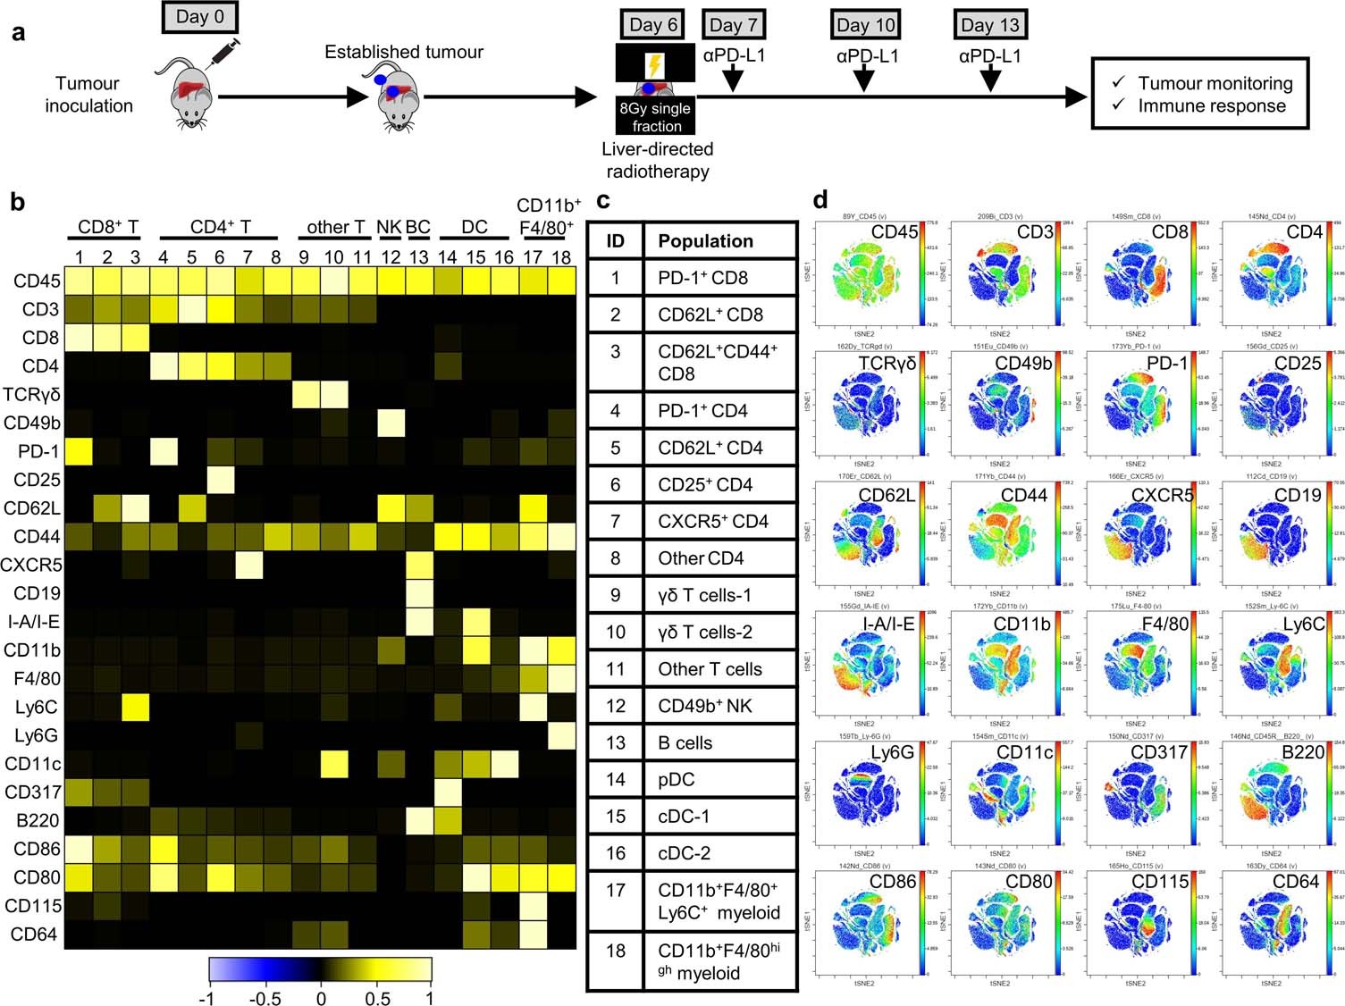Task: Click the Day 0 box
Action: coord(199,17)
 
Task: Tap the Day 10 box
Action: coord(865,25)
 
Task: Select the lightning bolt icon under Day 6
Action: coord(655,64)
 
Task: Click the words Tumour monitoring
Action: coord(1215,83)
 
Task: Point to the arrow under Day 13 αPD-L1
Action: coord(990,80)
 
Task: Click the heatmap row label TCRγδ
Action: coord(32,395)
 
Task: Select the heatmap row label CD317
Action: coord(32,792)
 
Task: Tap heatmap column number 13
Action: coord(418,257)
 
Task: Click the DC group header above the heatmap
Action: coord(475,228)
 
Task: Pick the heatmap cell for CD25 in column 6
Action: coord(220,480)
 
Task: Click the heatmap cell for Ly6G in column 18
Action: coord(561,735)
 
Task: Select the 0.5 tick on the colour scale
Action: coord(377,997)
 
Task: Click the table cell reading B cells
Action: coord(685,742)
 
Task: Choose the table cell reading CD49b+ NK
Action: coord(705,706)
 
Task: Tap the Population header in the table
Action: coord(705,241)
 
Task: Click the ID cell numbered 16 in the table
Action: coord(615,853)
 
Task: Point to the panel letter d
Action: coord(820,200)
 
